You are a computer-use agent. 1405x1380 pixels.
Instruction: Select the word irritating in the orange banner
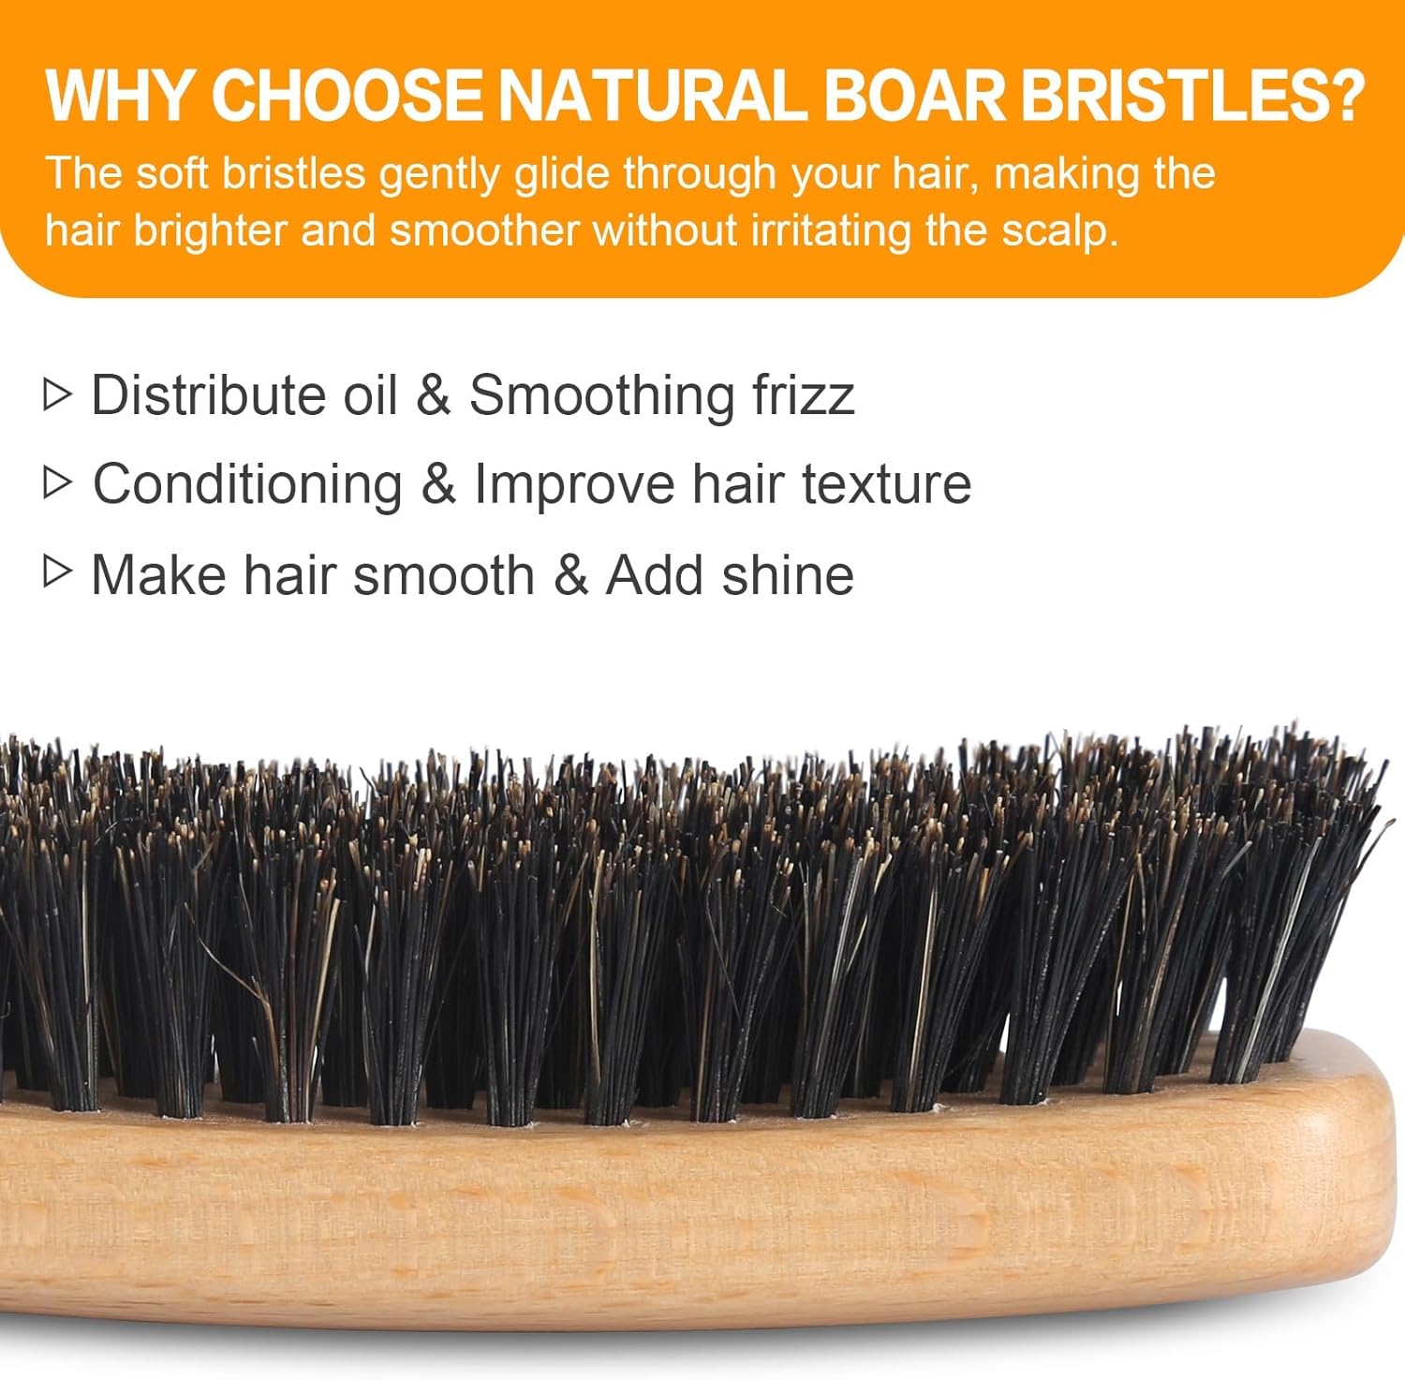831,230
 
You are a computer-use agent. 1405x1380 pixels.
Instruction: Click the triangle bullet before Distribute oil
57,394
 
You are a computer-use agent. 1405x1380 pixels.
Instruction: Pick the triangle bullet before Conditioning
57,482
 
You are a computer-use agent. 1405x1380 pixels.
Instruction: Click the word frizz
803,394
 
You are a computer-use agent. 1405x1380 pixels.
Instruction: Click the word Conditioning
247,485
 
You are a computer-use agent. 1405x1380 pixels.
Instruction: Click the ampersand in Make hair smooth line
570,574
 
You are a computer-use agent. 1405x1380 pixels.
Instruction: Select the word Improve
573,485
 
